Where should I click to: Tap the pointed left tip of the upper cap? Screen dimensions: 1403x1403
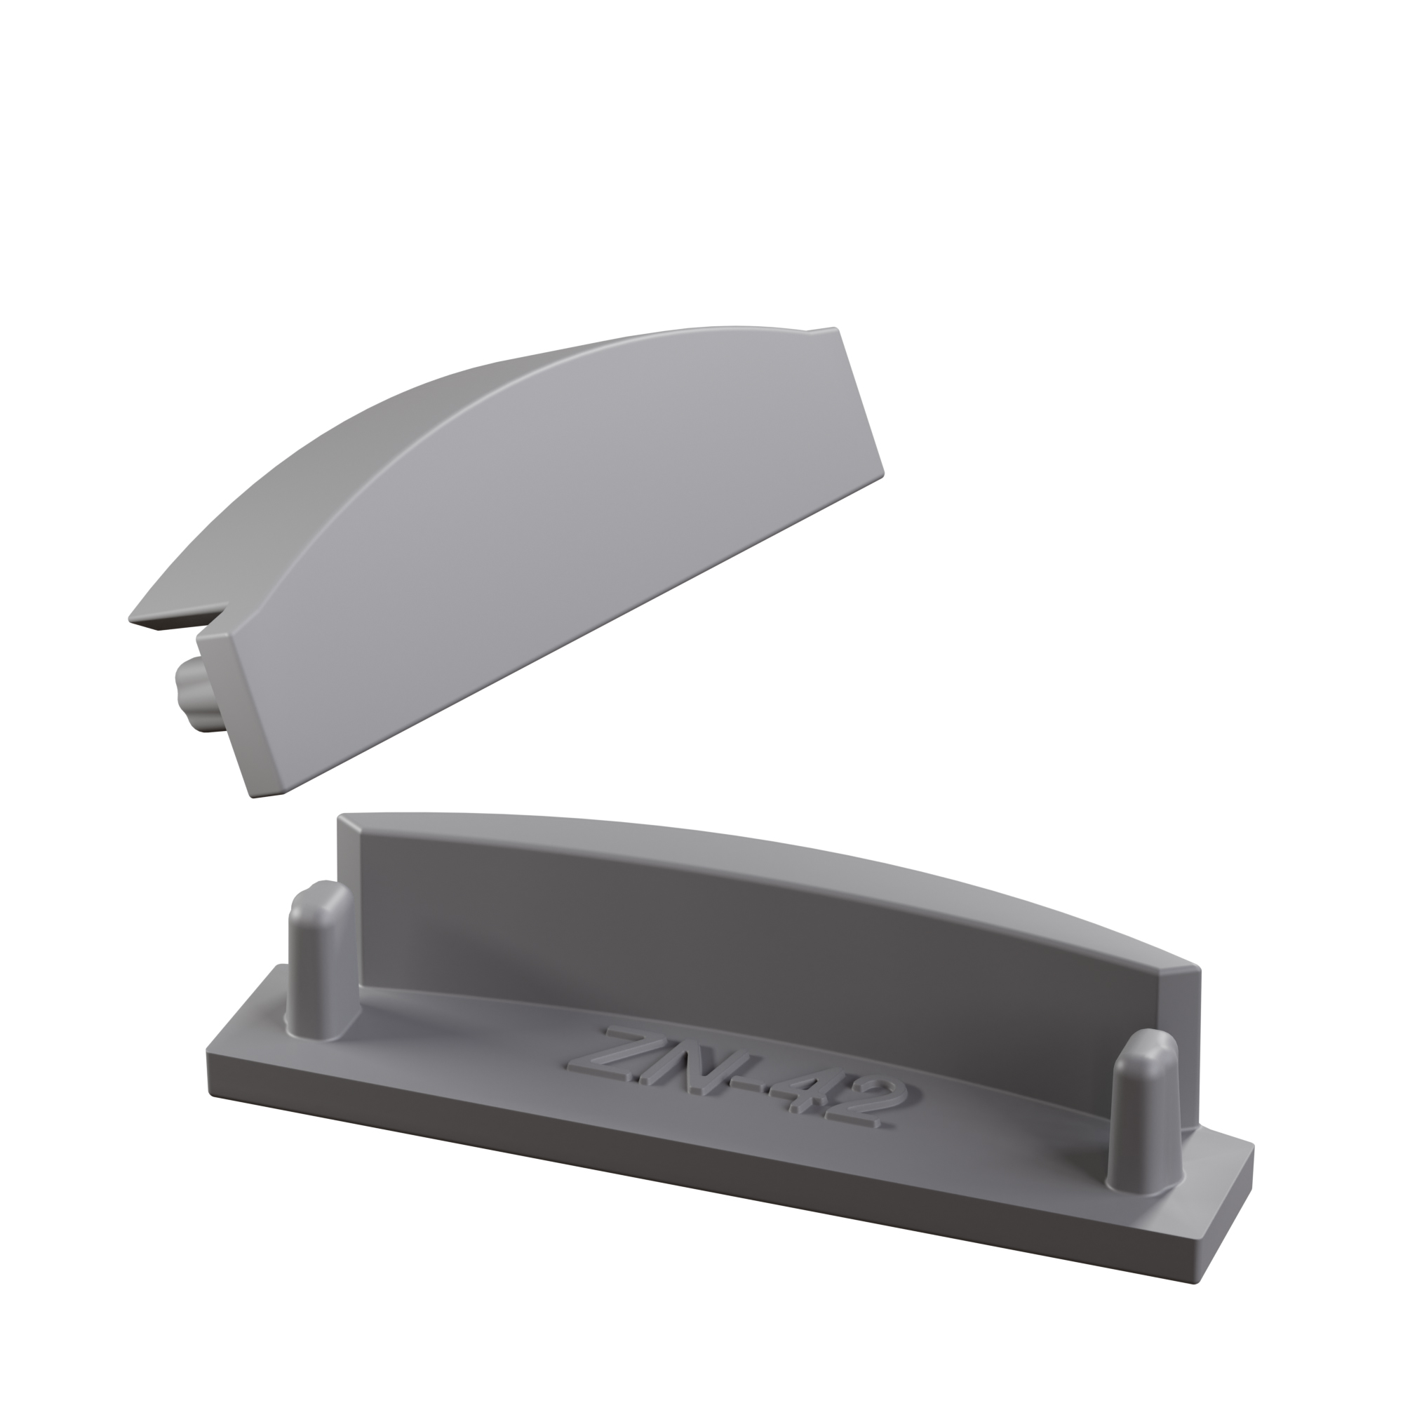pos(135,618)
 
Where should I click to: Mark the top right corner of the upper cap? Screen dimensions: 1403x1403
pos(837,330)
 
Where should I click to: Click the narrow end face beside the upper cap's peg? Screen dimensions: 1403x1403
pos(240,711)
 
